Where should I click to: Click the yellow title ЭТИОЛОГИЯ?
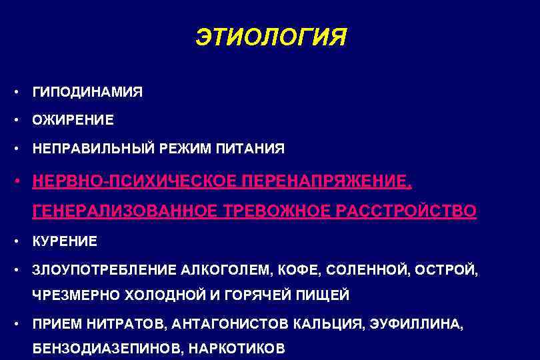(271, 37)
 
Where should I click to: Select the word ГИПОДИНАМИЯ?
(87, 92)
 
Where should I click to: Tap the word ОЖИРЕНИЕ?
(73, 120)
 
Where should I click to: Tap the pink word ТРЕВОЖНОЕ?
(275, 211)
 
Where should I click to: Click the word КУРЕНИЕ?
(65, 241)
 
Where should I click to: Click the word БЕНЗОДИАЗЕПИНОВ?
(107, 348)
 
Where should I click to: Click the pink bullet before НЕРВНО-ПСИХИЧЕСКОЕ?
(22, 181)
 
